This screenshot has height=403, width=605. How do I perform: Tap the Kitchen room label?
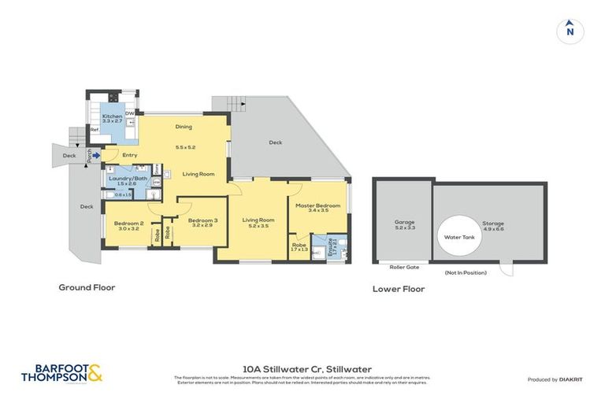coord(112,116)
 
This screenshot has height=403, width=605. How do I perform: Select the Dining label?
coord(184,127)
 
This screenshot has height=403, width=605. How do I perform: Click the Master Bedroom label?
coord(317,206)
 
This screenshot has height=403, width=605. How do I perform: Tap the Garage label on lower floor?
coord(404,223)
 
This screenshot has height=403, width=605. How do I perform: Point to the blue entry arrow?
coord(95,156)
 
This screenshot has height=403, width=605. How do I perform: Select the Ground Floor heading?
coord(87,287)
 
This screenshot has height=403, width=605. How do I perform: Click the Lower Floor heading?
coord(399,289)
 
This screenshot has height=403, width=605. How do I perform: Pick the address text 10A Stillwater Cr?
coord(307,368)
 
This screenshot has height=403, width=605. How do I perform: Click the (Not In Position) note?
coord(465,272)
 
